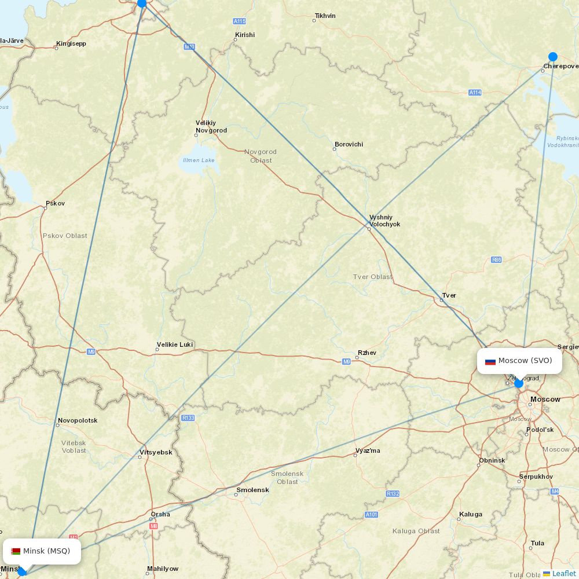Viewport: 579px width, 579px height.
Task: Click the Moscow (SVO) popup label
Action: pyautogui.click(x=519, y=361)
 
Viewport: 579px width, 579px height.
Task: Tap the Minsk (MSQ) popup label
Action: pyautogui.click(x=42, y=551)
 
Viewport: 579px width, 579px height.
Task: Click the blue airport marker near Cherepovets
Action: pyautogui.click(x=553, y=57)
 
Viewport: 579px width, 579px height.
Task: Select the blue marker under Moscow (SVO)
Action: pyautogui.click(x=519, y=383)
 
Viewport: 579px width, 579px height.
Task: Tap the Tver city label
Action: pyautogui.click(x=449, y=295)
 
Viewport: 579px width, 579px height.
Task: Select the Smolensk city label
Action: pyautogui.click(x=252, y=490)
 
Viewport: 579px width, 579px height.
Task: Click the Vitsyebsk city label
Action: pyautogui.click(x=156, y=452)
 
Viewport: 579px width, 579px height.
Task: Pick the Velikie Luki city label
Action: pyautogui.click(x=174, y=345)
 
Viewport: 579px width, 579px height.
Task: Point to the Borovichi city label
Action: pyautogui.click(x=349, y=144)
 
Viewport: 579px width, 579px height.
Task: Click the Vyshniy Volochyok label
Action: pyautogui.click(x=384, y=221)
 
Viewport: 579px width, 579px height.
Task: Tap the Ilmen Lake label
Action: pyautogui.click(x=199, y=160)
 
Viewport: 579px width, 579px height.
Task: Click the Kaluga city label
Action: pyautogui.click(x=470, y=514)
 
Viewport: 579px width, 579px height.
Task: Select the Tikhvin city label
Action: pyautogui.click(x=325, y=16)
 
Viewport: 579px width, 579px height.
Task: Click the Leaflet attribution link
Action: pyautogui.click(x=563, y=573)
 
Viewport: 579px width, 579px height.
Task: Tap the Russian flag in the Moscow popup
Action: pyautogui.click(x=490, y=361)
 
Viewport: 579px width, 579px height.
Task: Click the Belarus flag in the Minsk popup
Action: pyautogui.click(x=16, y=551)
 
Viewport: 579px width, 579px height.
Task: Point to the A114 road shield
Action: pyautogui.click(x=475, y=93)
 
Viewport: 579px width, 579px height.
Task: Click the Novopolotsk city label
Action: pyautogui.click(x=78, y=420)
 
